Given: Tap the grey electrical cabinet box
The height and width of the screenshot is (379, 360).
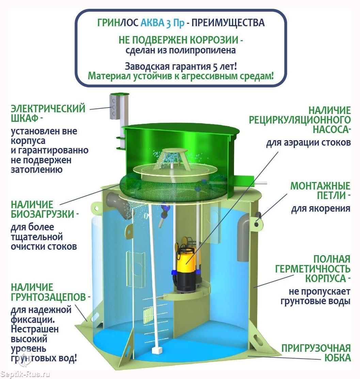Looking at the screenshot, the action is coord(114,107).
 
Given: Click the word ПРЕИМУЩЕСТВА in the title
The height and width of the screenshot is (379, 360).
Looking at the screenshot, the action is coord(228,23).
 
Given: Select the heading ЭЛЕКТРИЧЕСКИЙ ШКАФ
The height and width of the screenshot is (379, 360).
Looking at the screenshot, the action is coord(48,113).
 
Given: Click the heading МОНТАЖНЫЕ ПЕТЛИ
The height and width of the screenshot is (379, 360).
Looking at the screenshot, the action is coord(320,191).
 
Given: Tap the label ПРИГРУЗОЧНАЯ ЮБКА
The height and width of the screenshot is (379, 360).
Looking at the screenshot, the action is coord(316,353).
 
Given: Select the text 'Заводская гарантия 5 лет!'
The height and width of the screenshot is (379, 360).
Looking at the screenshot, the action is coord(181,66).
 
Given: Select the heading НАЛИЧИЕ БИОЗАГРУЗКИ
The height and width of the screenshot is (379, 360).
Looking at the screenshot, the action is coord(45,209).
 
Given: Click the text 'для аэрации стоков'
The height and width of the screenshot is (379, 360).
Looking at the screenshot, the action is coord(309,142).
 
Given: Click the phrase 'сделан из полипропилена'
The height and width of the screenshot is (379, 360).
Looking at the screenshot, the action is coord(181,50).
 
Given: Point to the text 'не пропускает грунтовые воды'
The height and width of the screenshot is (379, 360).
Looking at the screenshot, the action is coord(315,296).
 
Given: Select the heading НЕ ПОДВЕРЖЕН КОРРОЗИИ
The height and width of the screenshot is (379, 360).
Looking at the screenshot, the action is coord(181,40).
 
